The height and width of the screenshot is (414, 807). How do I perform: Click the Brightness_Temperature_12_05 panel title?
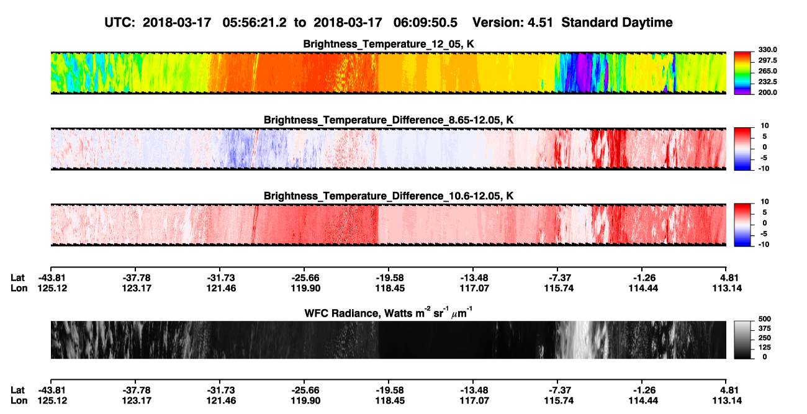point(389,44)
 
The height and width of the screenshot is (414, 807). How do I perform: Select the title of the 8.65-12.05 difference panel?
point(389,120)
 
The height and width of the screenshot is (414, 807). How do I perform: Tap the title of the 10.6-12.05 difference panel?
point(389,196)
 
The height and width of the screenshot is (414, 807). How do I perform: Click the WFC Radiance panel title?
point(389,312)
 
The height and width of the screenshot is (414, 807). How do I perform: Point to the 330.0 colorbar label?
point(767,50)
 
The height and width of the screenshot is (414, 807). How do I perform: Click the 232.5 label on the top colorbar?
point(767,82)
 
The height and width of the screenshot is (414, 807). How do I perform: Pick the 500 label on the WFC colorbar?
point(765,319)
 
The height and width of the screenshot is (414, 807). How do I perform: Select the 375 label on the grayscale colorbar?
point(765,328)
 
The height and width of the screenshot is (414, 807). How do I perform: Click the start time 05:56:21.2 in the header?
point(255,22)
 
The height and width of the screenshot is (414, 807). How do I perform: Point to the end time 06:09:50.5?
point(425,22)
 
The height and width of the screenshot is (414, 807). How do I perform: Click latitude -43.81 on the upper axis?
point(52,278)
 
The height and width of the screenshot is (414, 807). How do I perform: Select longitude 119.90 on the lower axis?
point(305,401)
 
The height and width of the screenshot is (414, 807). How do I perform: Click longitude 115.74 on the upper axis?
point(559,288)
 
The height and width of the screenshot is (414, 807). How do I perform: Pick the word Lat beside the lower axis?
point(17,390)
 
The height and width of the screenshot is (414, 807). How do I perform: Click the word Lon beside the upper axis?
point(19,288)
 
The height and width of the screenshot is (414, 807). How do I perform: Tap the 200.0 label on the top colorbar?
point(767,92)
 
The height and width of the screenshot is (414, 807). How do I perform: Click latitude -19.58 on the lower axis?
point(390,390)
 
